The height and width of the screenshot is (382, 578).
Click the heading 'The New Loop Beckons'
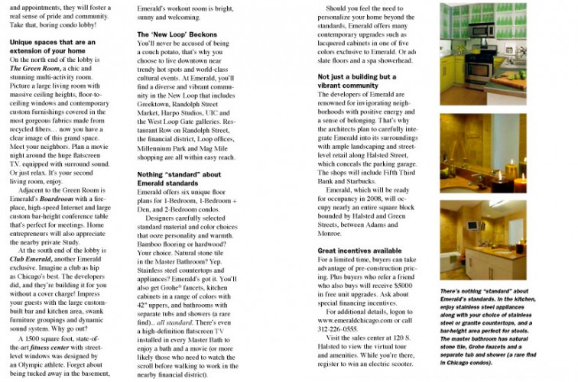(x=177, y=34)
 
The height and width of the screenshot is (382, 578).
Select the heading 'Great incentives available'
(x=359, y=251)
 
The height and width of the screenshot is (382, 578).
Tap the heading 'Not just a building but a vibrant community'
(x=356, y=82)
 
